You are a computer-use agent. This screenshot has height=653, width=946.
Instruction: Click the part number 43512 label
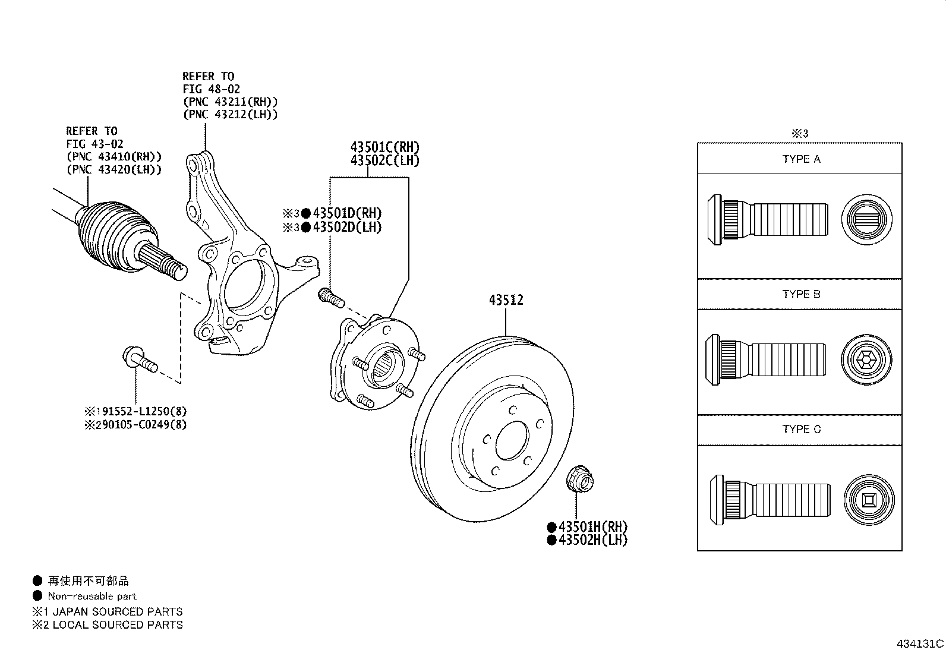coord(506,300)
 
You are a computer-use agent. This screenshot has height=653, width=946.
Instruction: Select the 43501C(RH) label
coord(384,147)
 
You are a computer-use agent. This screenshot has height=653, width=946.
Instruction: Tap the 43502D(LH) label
coord(347,227)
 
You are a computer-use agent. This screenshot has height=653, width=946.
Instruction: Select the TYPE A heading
coord(801,159)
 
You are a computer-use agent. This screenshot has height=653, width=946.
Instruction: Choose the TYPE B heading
coord(801,294)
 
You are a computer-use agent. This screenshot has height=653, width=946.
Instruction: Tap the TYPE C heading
coord(801,429)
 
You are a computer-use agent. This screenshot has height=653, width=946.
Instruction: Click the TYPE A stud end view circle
coord(868,219)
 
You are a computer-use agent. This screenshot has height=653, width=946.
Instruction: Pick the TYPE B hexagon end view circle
coord(866,360)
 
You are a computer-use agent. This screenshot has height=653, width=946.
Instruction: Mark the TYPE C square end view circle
coord(868,500)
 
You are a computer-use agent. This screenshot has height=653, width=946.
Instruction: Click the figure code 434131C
coord(920,643)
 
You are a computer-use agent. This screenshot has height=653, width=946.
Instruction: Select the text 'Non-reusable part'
coord(92,596)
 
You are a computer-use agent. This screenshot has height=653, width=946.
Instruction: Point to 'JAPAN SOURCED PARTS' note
coord(117,611)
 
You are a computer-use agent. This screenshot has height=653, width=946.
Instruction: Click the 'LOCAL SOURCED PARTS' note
coord(117,624)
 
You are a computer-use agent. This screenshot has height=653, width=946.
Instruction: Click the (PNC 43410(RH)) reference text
coord(113,157)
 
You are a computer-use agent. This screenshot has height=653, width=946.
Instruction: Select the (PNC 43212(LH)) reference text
coord(230,115)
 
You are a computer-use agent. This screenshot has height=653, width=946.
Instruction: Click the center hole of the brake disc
coord(512,440)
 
